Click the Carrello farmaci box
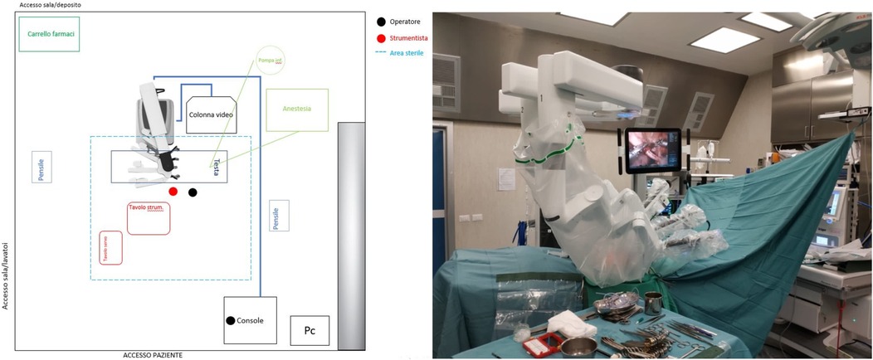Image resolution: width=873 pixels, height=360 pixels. [x=49, y=34]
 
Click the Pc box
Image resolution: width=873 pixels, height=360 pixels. [x=310, y=330]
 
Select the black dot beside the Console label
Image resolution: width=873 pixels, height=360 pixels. [x=230, y=320]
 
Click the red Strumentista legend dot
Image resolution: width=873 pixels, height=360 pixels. [x=381, y=38]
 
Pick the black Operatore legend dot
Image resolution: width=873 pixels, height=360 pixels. [x=381, y=22]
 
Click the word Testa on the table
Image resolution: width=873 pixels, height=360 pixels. [x=216, y=167]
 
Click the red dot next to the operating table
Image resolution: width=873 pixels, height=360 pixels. [x=173, y=192]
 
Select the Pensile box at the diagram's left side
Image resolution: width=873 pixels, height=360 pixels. [x=41, y=166]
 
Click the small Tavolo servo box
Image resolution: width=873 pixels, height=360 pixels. [x=110, y=247]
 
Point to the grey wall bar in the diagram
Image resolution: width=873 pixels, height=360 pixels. [x=351, y=234]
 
